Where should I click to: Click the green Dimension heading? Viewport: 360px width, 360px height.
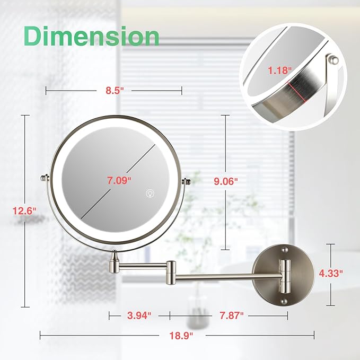[x=92, y=36]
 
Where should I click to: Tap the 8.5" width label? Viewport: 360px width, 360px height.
[x=114, y=91]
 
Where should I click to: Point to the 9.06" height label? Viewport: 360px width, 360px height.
[x=227, y=180]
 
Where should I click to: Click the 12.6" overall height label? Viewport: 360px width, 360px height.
[x=24, y=210]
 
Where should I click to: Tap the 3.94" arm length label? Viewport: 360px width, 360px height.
[x=139, y=315]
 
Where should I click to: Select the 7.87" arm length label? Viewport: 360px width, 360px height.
[x=231, y=315]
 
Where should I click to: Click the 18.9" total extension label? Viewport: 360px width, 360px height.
[x=179, y=335]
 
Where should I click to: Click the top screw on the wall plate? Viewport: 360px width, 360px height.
[x=285, y=248]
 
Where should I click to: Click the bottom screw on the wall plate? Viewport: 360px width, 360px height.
[x=285, y=300]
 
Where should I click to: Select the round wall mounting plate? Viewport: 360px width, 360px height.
[x=273, y=274]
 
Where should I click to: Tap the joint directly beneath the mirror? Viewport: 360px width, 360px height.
[x=115, y=260]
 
